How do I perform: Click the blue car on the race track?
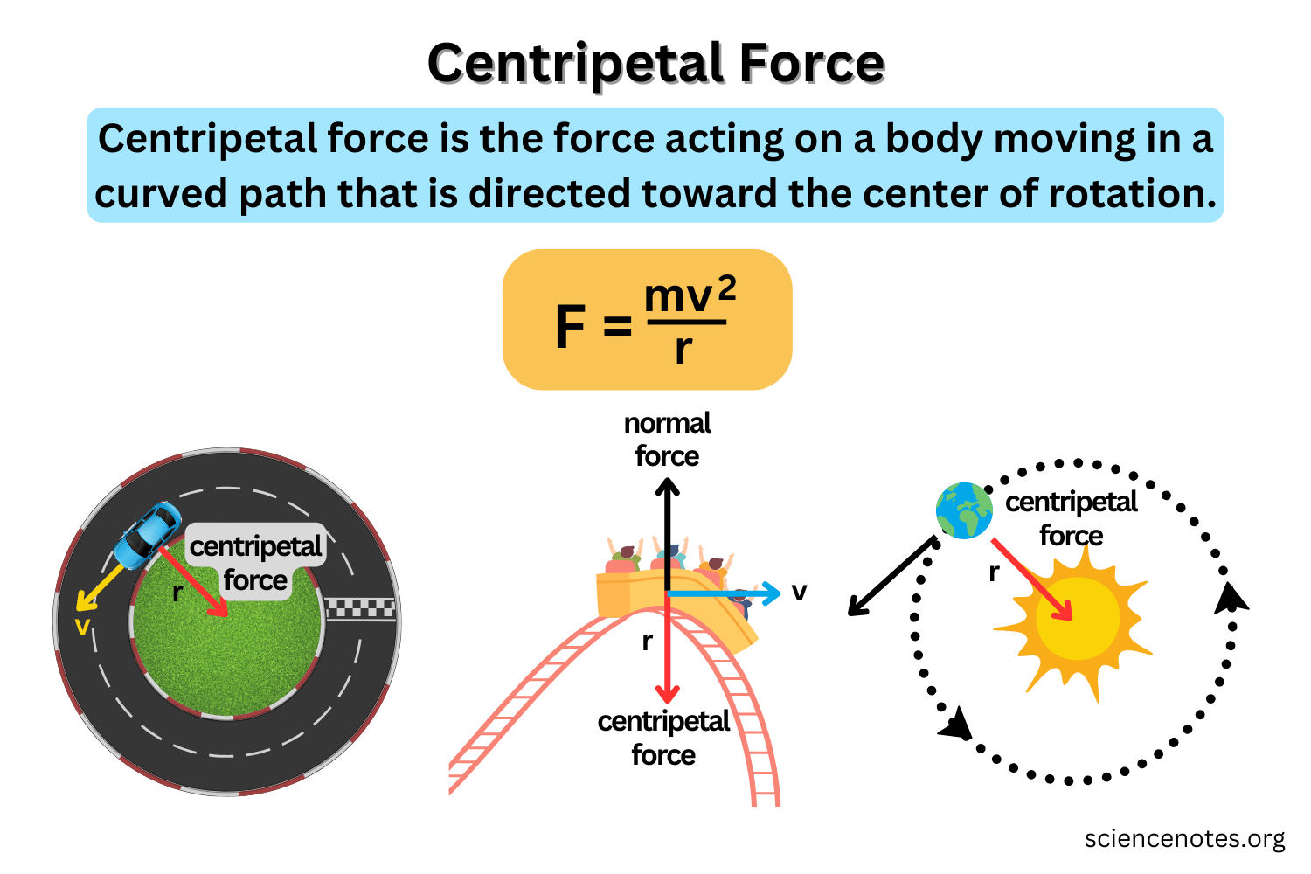(146, 535)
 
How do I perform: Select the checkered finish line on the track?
(361, 608)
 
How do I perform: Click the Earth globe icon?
(964, 510)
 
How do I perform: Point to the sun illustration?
(1077, 619)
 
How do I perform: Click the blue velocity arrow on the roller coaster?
(725, 593)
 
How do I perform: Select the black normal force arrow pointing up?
(668, 533)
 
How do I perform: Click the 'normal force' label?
(667, 440)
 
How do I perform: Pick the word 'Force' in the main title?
(811, 64)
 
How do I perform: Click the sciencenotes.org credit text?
(1184, 838)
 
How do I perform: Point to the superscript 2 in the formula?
(726, 288)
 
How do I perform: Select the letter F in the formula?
(570, 327)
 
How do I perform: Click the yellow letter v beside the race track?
(82, 626)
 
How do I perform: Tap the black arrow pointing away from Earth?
(891, 577)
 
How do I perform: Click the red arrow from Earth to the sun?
(1031, 579)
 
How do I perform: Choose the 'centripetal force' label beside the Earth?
(1071, 518)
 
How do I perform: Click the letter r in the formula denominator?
(683, 349)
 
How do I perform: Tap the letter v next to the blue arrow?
(799, 593)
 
